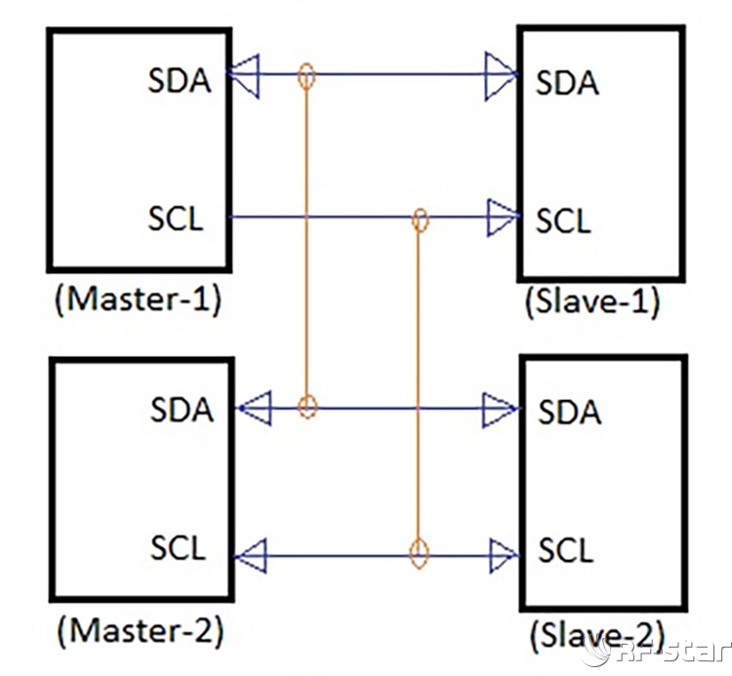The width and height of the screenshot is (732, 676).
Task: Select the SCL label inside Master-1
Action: pyautogui.click(x=177, y=219)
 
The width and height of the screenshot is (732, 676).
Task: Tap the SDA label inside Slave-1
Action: pyautogui.click(x=567, y=83)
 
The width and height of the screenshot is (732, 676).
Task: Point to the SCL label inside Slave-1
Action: pyautogui.click(x=563, y=220)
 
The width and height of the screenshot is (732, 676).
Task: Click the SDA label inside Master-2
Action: pyautogui.click(x=182, y=410)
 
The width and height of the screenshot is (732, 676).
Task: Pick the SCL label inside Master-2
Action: pyautogui.click(x=179, y=547)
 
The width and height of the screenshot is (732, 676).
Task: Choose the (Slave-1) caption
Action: pyautogui.click(x=592, y=301)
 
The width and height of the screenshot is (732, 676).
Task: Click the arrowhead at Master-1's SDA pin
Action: pyautogui.click(x=245, y=75)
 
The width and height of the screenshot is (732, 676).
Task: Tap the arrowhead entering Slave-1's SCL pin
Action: pyautogui.click(x=502, y=218)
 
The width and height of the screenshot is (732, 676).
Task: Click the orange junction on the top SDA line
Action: pyautogui.click(x=306, y=75)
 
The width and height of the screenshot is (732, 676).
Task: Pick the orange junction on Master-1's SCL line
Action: pyautogui.click(x=421, y=219)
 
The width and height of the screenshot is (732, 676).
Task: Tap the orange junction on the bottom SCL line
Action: pyautogui.click(x=419, y=555)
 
